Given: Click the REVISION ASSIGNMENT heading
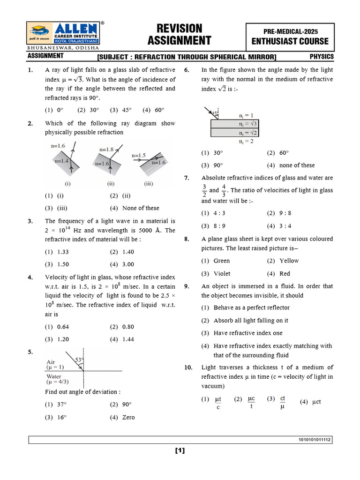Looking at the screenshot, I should pyautogui.click(x=180, y=34).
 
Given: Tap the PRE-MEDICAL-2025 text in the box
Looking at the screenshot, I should pyautogui.click(x=297, y=31).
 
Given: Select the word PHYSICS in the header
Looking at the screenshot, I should pyautogui.click(x=322, y=57).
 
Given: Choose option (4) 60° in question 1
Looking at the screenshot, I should pyautogui.click(x=154, y=110).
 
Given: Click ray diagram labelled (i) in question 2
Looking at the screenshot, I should pyautogui.click(x=65, y=164).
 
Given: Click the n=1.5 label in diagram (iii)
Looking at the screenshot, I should pyautogui.click(x=139, y=155).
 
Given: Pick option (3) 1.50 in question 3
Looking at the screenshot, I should pyautogui.click(x=57, y=264).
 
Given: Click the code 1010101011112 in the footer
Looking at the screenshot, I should pyautogui.click(x=315, y=440).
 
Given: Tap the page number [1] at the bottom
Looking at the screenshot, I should pyautogui.click(x=180, y=451).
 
